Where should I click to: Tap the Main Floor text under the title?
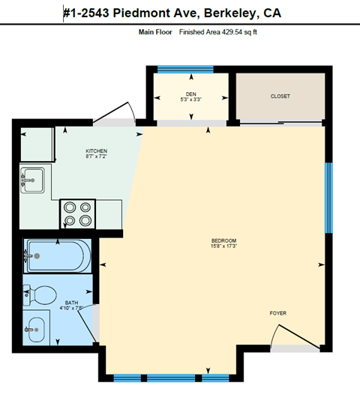155,32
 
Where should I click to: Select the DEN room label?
190,93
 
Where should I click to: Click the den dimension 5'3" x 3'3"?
190,99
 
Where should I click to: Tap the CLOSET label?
280,97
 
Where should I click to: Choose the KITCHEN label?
96,151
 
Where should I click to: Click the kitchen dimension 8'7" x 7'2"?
96,157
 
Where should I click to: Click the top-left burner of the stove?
68,207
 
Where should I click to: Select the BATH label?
70,302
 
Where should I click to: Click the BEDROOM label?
224,240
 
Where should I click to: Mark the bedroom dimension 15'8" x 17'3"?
224,246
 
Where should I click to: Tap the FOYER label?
277,313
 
